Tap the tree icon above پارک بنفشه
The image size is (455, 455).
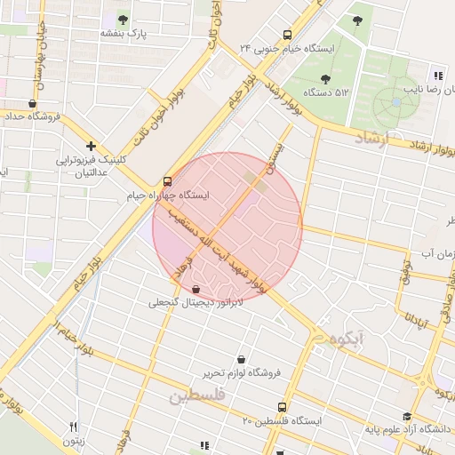123,19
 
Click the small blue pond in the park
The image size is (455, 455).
395,102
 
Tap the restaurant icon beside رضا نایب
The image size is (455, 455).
437,76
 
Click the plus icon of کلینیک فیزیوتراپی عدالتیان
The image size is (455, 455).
91,146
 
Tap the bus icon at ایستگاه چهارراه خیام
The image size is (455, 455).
169,180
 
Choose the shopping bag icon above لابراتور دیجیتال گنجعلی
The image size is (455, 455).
196,289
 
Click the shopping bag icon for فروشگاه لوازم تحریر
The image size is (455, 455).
242,360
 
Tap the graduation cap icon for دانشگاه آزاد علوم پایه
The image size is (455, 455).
407,416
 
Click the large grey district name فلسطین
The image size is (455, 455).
197,395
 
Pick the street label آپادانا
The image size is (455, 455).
416,318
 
